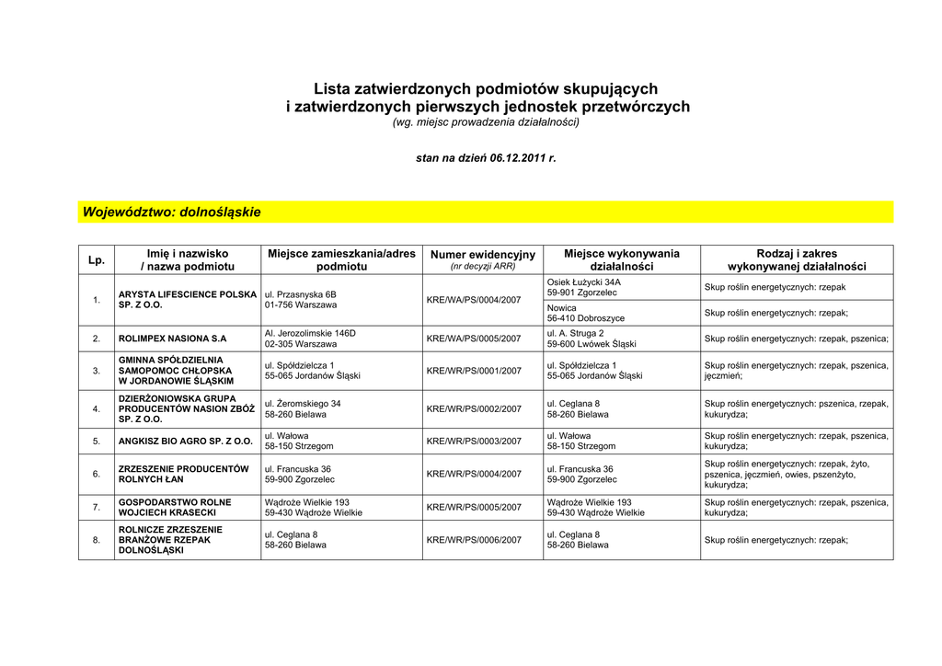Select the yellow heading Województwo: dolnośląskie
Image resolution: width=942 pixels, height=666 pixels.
(x=172, y=212)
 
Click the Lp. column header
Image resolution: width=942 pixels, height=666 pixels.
(x=97, y=260)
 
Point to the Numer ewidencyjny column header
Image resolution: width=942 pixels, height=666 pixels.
(x=482, y=255)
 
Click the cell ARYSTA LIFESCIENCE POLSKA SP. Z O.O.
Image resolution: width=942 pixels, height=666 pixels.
(x=188, y=300)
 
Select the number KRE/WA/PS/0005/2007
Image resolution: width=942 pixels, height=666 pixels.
(x=474, y=339)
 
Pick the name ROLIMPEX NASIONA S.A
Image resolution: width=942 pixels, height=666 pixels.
(x=172, y=339)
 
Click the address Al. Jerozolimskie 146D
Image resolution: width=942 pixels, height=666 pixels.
(x=310, y=333)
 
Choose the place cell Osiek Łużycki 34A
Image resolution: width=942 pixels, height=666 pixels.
(x=583, y=282)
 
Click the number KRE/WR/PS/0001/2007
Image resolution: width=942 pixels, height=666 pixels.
(x=474, y=371)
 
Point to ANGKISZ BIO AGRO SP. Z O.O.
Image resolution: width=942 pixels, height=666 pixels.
(x=185, y=442)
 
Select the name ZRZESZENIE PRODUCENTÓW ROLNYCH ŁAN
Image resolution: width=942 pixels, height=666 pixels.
(x=184, y=474)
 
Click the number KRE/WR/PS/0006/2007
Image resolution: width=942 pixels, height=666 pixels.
(x=474, y=540)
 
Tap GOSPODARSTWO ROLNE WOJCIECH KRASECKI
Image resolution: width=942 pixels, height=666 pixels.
(x=175, y=508)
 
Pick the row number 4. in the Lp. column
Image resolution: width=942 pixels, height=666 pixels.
(x=97, y=408)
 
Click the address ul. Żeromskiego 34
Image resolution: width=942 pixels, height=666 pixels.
(x=303, y=404)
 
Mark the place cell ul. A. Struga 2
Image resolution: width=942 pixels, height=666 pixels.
(x=575, y=333)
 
